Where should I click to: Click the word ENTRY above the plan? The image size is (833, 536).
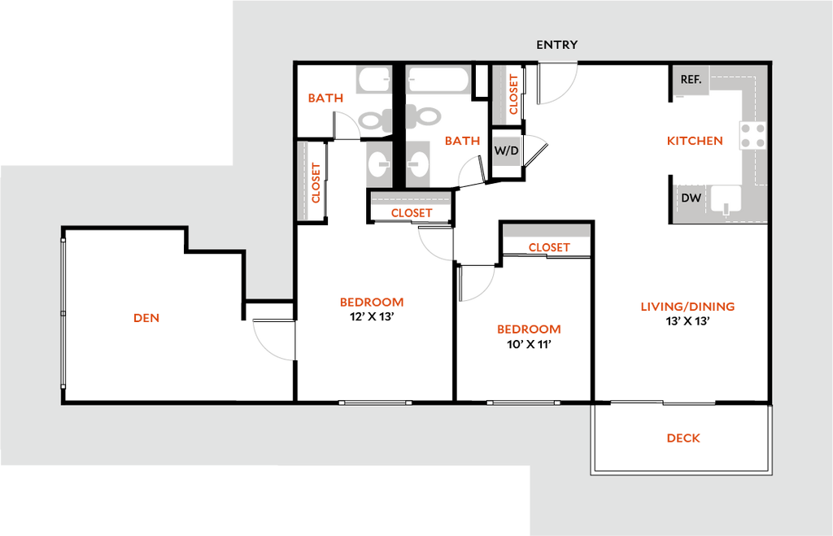pos(556,45)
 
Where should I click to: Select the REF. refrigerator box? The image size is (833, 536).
pos(691,80)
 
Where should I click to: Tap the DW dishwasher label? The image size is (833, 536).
pos(691,198)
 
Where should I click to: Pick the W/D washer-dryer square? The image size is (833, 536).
pos(506,151)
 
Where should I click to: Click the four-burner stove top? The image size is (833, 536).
pos(752,135)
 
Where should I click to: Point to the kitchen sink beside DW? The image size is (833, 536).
pos(726,199)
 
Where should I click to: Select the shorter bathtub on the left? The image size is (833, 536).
pos(373,80)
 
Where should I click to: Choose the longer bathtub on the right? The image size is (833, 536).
pos(438,80)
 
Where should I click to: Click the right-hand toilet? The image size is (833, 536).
pos(424,116)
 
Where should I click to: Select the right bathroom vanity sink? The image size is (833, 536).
pos(418,164)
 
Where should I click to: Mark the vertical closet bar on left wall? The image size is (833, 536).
pos(303,181)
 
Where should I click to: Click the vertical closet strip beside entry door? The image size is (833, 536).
pos(499,95)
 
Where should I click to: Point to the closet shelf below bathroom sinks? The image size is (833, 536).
pos(411,198)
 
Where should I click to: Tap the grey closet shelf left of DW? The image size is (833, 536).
pos(546,231)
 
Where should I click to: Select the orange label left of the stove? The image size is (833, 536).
pos(695,142)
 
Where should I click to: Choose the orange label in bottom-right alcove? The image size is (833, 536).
pos(683,438)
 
